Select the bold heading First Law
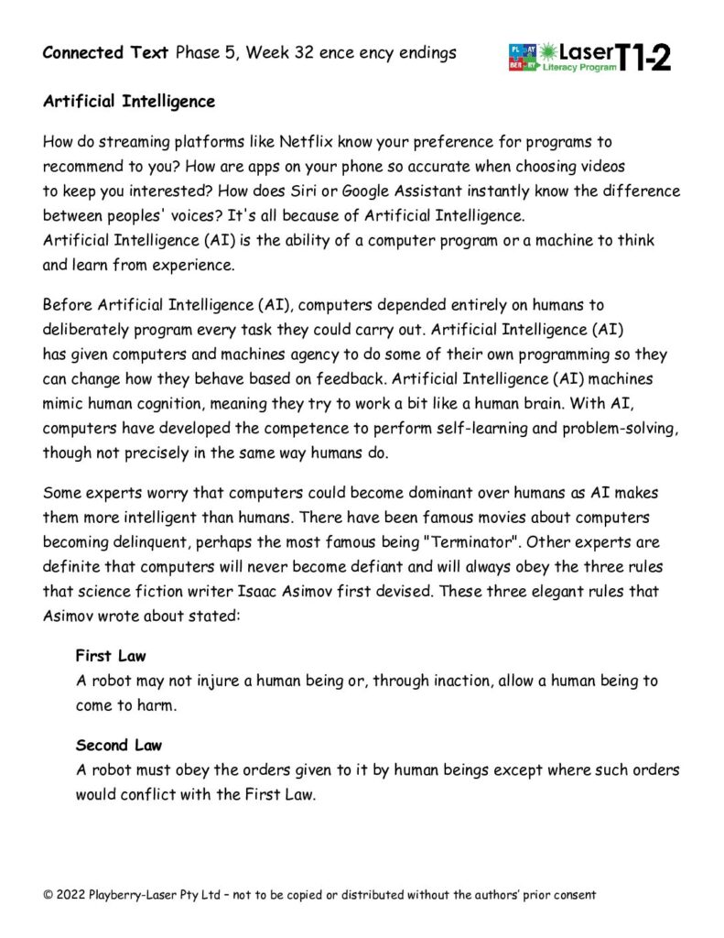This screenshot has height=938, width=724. (x=110, y=656)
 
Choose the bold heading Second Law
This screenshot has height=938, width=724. (x=119, y=745)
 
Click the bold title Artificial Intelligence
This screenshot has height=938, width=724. (x=129, y=102)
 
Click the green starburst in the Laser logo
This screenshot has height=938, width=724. (x=550, y=51)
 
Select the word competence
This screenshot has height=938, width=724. (x=278, y=428)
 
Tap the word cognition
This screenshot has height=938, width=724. (x=158, y=403)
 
